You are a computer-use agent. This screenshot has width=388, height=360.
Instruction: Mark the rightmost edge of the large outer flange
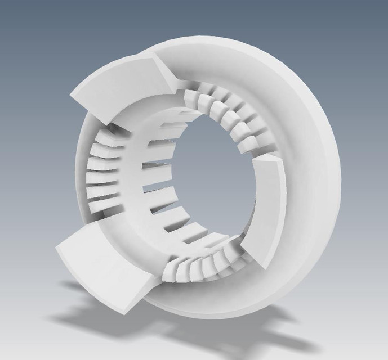tap(340, 186)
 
